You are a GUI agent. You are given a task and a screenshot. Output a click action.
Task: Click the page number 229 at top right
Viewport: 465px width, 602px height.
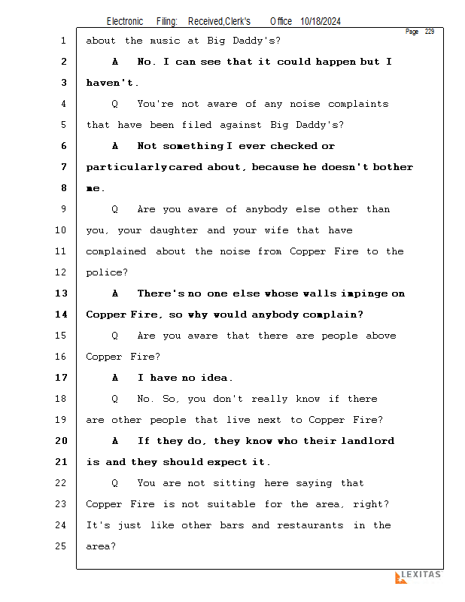coord(430,32)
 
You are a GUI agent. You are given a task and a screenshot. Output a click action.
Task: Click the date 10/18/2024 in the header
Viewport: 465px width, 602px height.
coord(320,21)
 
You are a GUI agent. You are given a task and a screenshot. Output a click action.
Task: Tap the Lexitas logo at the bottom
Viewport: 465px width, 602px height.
coord(418,576)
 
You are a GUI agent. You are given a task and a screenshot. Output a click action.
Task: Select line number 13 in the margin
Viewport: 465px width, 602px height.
coord(62,293)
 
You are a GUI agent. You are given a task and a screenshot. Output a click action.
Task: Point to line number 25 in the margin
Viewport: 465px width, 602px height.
coord(62,546)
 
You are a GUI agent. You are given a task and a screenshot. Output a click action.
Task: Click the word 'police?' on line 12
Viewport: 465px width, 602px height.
coord(107,272)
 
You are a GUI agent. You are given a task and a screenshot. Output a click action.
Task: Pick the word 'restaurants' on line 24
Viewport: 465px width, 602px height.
coord(312,525)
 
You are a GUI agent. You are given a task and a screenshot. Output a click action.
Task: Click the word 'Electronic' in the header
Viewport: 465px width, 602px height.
coord(125,21)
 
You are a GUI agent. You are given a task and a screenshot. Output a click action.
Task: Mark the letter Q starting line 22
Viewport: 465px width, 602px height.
coord(114,483)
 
